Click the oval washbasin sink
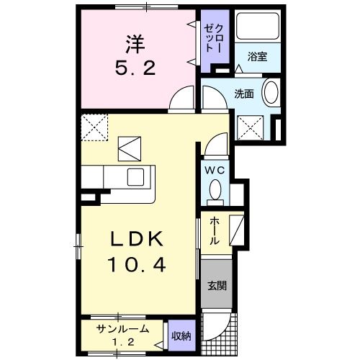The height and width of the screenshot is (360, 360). point(271,94)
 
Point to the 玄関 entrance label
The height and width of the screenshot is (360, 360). point(217,285)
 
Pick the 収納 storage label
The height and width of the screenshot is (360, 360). point(181,335)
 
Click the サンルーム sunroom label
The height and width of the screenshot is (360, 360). point(125,329)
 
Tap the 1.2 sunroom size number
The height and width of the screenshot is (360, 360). point(124,341)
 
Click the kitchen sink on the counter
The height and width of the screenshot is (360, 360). point(138,177)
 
